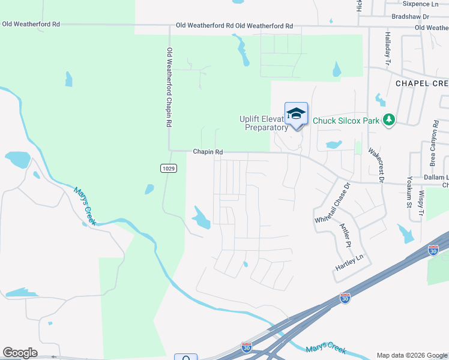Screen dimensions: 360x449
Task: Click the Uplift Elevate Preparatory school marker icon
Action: pos(297,114)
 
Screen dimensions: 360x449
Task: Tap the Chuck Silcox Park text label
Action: pos(346,121)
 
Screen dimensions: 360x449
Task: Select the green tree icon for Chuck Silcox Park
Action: pos(389,120)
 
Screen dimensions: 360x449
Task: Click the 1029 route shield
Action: pos(169,169)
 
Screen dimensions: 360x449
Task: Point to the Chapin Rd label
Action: pos(208,152)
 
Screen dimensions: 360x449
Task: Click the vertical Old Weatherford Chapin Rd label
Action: pos(169,87)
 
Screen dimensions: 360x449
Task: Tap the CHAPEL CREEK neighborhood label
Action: pos(421,83)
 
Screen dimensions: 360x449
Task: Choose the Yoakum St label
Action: pos(408,194)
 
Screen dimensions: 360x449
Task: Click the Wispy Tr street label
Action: pos(422,203)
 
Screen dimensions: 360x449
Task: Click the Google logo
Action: pos(20,353)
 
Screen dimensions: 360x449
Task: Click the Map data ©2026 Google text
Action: pos(411,355)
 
